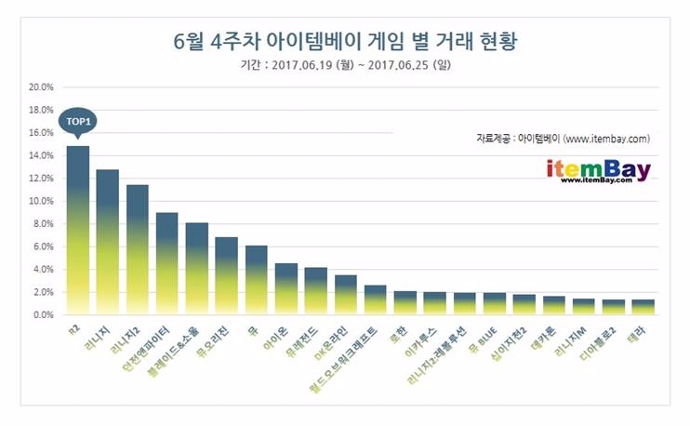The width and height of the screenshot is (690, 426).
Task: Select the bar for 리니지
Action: coord(108,242)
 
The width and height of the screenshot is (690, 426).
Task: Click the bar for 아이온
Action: coord(286,288)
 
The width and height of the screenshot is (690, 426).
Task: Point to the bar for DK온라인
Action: coord(346,295)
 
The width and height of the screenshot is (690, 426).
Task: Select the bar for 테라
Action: coord(643,307)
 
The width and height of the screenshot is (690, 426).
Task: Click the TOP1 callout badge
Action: coord(78,122)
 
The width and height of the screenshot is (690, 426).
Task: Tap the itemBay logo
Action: coord(598,170)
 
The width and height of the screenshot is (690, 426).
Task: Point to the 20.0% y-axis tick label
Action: coord(41,87)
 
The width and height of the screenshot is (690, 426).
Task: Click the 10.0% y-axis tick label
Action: coord(41,201)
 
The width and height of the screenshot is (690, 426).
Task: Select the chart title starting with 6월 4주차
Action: coord(345,41)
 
